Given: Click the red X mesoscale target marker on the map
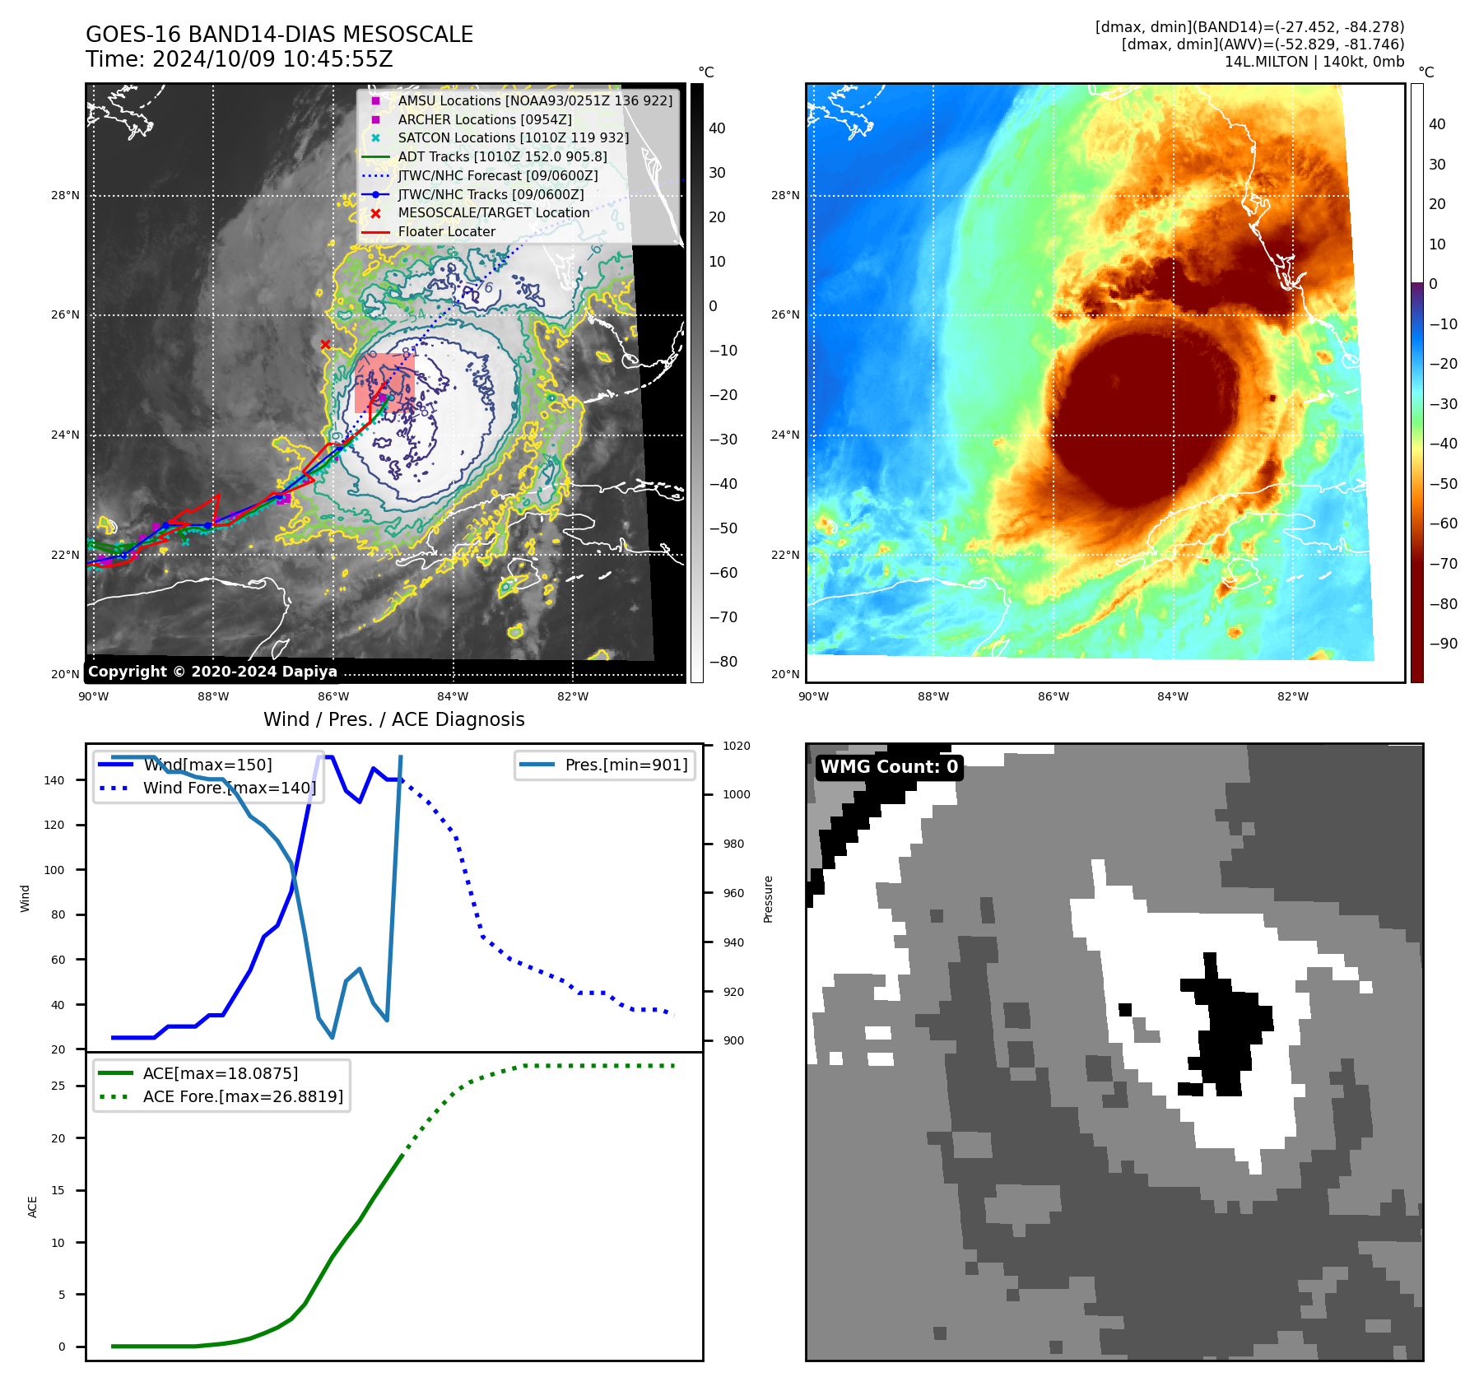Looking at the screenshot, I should (x=325, y=345).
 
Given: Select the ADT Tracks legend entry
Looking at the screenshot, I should (x=502, y=156).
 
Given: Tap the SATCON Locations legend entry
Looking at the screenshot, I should (x=513, y=137).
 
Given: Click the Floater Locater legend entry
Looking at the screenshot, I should (x=446, y=231).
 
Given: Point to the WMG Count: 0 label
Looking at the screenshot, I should (x=889, y=767).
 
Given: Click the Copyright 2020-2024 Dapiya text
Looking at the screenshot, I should (x=212, y=672).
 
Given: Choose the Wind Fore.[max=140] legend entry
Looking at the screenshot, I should (x=229, y=788).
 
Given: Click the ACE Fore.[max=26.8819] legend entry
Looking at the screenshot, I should (x=243, y=1096).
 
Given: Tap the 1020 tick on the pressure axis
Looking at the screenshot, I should (x=737, y=746).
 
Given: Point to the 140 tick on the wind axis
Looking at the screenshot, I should (x=53, y=780).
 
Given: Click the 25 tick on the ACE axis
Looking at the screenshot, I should (x=58, y=1086).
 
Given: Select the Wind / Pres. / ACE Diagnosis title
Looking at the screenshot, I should (x=393, y=719).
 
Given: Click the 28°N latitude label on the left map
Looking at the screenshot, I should (x=65, y=196).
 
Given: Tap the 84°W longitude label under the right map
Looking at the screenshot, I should (x=1172, y=696).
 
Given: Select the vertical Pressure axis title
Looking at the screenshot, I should (x=768, y=899).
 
